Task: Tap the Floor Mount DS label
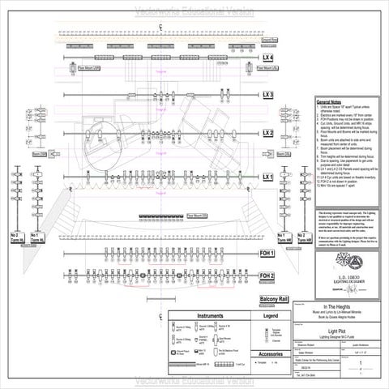pos(197,216)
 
